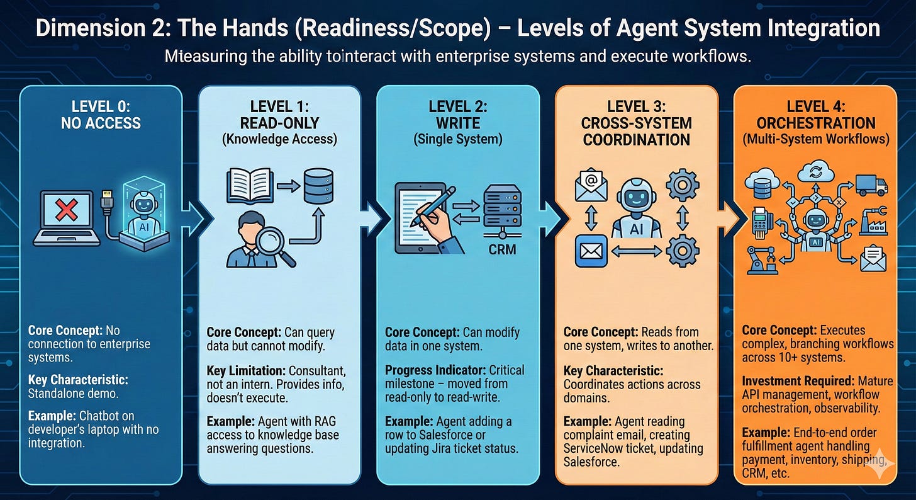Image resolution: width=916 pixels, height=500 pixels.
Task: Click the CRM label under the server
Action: tap(502, 249)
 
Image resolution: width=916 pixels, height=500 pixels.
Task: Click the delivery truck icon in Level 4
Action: tap(871, 185)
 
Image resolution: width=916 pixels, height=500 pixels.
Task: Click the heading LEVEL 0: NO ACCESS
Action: tap(101, 115)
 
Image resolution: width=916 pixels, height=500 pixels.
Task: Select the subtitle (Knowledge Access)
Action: tap(279, 140)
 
